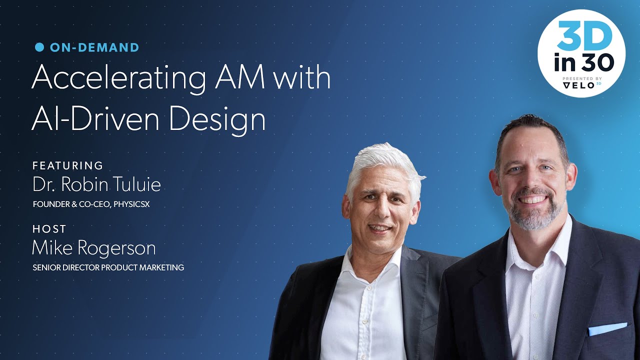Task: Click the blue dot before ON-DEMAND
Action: pos(39,47)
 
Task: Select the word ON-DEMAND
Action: pos(94,48)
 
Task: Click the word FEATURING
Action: pos(68,165)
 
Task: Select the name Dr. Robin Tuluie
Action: pos(96,185)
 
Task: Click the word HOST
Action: pos(49,229)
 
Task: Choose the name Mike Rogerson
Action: pos(94,248)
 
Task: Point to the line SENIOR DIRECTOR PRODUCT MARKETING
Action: pos(108,267)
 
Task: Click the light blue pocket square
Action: pos(607,329)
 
